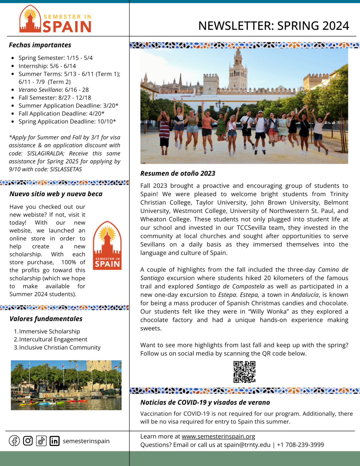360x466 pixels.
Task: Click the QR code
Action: click(244, 372)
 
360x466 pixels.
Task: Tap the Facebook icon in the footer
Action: click(14, 441)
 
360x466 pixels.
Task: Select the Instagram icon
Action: click(28, 441)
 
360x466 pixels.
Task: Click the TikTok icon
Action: click(41, 441)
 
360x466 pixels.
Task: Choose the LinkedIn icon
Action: click(55, 441)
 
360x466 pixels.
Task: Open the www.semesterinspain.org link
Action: click(218, 436)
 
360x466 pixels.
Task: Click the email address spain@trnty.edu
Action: click(247, 445)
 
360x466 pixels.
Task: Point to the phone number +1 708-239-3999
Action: click(300, 445)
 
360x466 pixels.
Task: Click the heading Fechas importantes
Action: click(40, 45)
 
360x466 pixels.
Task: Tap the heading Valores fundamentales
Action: click(46, 319)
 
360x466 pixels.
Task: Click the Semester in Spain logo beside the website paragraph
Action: click(107, 245)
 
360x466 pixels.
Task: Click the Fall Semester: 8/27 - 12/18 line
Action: click(55, 98)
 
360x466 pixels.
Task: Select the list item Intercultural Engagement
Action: click(53, 339)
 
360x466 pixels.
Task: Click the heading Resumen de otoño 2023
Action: click(178, 173)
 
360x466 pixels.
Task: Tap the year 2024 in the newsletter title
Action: click(336, 26)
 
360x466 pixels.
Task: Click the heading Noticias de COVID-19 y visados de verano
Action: click(205, 402)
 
